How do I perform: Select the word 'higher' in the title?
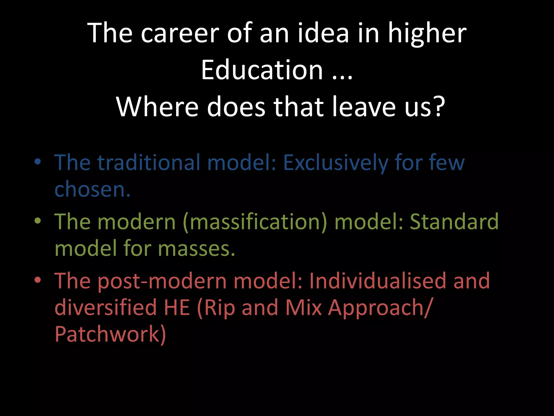(x=427, y=34)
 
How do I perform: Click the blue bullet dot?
(x=38, y=162)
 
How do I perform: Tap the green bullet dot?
(x=38, y=221)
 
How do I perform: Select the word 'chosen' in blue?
(x=89, y=189)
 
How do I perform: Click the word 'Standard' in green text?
(x=454, y=222)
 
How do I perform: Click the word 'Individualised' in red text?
(x=378, y=281)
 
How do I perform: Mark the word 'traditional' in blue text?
(x=149, y=162)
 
